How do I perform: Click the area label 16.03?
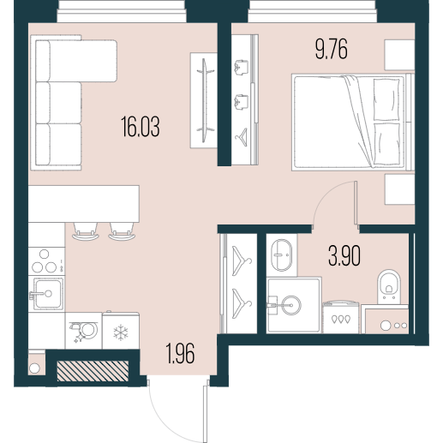click(141, 127)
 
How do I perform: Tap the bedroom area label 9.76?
click(332, 50)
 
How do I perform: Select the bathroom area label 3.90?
click(344, 256)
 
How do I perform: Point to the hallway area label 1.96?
click(181, 354)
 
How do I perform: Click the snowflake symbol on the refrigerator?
click(121, 332)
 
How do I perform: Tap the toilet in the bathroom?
click(389, 286)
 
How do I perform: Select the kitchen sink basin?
click(48, 294)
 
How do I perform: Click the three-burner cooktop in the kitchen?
click(46, 261)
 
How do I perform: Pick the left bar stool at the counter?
click(86, 231)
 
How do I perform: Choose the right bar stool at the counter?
click(122, 231)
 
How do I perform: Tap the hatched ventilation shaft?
click(93, 371)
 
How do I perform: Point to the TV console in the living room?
click(203, 100)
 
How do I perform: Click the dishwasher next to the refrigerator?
click(83, 331)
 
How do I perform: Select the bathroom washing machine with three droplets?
click(341, 317)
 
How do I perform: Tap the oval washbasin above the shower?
click(282, 254)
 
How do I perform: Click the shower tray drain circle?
click(291, 305)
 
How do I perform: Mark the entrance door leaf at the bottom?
click(205, 414)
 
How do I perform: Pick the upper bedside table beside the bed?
click(399, 55)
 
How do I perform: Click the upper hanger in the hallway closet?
click(242, 260)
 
